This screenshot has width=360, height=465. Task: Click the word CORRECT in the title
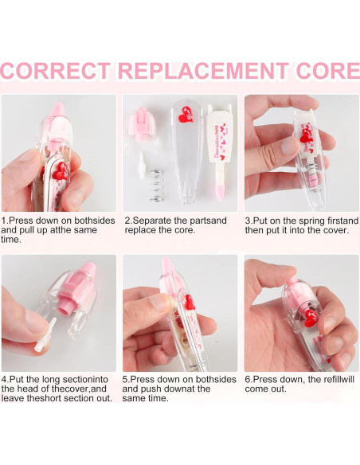56,71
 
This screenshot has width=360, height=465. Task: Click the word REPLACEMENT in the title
203,71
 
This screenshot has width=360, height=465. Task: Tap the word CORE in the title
328,71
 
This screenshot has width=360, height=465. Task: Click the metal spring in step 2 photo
156,186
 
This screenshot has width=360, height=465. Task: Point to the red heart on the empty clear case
186,115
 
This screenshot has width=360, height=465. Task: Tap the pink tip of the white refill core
220,190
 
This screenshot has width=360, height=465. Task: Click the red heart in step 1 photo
61,170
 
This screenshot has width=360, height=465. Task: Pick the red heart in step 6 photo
311,318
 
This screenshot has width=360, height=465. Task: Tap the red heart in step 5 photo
190,303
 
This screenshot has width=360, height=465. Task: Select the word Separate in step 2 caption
152,221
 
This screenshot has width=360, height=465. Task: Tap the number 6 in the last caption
248,379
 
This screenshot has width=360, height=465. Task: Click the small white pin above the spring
142,165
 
